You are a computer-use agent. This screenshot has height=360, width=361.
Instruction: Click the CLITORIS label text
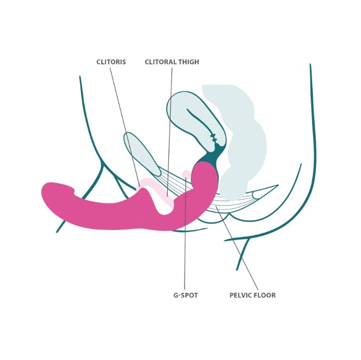(x=111, y=62)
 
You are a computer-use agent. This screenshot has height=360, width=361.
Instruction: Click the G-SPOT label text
(x=186, y=295)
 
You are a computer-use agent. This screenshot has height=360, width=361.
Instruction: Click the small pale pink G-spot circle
(x=186, y=174)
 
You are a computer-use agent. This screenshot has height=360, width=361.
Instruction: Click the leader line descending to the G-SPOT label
(x=185, y=233)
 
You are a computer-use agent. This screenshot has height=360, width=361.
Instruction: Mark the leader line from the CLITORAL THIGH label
(x=170, y=131)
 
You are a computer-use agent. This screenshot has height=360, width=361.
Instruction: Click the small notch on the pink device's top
(x=74, y=190)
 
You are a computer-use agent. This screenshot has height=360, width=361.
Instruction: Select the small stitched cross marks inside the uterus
(x=214, y=137)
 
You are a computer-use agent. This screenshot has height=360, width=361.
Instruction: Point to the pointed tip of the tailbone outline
(x=278, y=185)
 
